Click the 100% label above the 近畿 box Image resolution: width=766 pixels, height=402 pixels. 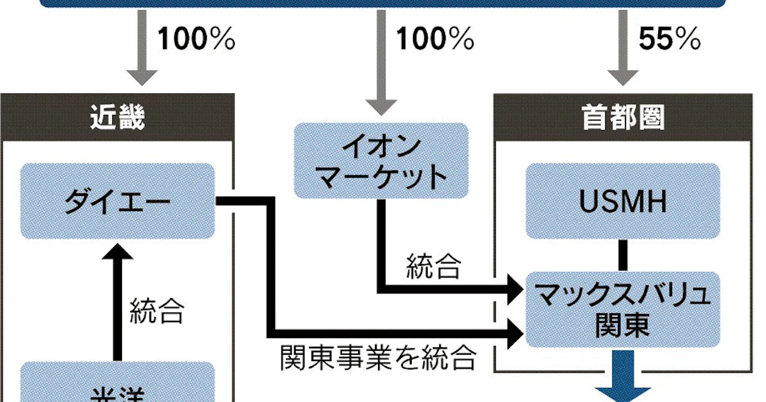pos(196,40)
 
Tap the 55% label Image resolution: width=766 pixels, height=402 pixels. pos(670,40)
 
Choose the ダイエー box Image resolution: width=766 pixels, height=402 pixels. pos(117,201)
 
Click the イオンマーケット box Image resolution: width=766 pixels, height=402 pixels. pos(381,160)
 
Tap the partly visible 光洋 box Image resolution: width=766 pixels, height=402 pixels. pos(117,386)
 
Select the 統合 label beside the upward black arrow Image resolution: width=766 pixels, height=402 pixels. pos(157,311)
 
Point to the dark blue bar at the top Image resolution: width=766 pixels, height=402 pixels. pos(383,4)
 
